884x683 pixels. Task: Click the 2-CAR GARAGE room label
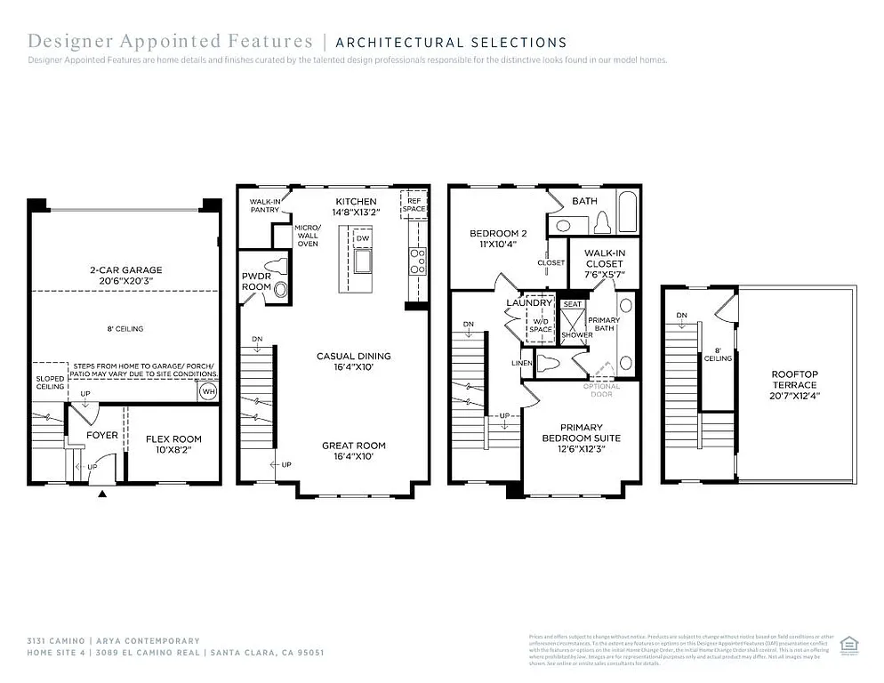point(125,270)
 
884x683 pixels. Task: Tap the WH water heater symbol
point(207,390)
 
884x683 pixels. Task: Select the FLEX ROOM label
point(174,438)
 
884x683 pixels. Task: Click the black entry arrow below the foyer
point(102,493)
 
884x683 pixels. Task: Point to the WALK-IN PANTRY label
point(265,206)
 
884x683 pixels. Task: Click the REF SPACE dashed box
point(414,204)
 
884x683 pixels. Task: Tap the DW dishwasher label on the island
point(362,238)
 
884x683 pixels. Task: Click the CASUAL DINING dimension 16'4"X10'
point(353,367)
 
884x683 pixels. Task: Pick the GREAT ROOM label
point(353,446)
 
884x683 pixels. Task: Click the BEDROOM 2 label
point(493,234)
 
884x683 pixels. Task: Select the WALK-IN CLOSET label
point(604,258)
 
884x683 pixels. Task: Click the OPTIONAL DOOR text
point(601,390)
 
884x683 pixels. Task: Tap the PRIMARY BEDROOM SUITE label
point(581,432)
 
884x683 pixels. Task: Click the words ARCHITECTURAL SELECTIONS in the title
point(451,42)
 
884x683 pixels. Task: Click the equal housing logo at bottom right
point(848,643)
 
